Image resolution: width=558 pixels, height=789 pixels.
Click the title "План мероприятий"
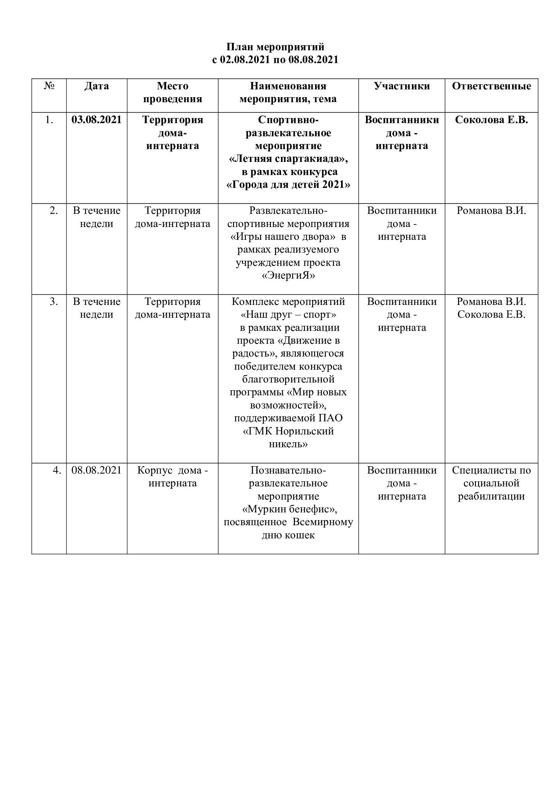click(275, 47)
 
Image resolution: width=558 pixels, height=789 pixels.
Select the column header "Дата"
click(96, 86)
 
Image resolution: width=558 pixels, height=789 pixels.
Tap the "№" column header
click(49, 86)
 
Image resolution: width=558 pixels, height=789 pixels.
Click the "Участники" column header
click(402, 86)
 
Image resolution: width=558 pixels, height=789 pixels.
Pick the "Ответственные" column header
click(491, 86)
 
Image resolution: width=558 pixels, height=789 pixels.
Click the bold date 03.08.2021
click(96, 120)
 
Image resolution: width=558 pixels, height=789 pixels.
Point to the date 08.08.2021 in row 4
click(96, 470)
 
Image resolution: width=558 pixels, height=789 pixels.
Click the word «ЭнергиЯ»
click(288, 276)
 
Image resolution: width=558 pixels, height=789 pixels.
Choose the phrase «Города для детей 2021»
click(288, 185)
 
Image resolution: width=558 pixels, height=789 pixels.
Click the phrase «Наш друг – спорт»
click(288, 315)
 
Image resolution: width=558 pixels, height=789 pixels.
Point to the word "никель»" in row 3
click(288, 444)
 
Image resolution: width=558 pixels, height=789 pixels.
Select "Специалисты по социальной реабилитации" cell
click(491, 483)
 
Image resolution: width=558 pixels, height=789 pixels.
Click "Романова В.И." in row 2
click(491, 210)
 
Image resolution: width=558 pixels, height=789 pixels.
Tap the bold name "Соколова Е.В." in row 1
click(491, 120)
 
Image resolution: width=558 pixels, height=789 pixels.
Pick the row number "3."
click(54, 302)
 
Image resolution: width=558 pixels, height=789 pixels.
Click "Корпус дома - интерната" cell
click(172, 477)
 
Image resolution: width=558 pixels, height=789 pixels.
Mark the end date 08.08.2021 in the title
click(313, 60)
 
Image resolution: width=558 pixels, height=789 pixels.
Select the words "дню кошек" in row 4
click(288, 535)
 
